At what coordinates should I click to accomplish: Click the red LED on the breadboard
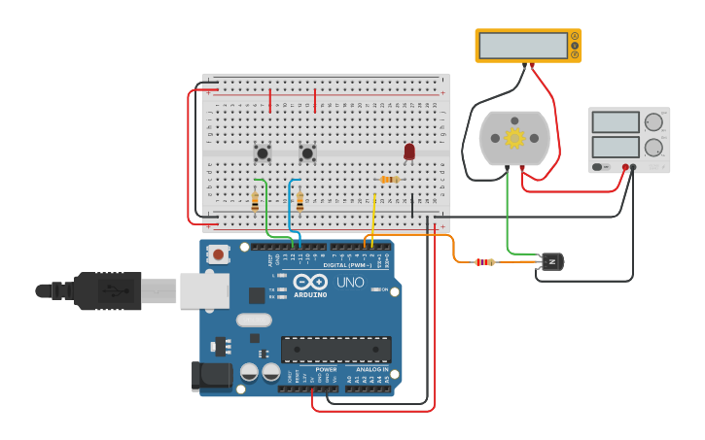point(409,151)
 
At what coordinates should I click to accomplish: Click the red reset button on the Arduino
point(219,254)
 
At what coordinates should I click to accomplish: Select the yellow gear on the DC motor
point(514,138)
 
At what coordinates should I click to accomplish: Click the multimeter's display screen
point(523,46)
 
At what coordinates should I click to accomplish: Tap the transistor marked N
point(550,261)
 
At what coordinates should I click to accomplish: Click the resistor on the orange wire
point(483,261)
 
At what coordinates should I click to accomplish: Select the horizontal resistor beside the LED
point(389,179)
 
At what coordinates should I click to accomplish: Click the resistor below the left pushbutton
point(255,201)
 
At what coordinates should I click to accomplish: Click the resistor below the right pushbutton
point(300,201)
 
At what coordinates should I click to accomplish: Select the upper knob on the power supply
point(653,122)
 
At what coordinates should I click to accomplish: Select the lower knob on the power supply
point(653,148)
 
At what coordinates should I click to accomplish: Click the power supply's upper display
point(614,122)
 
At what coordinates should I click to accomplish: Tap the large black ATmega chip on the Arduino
point(336,350)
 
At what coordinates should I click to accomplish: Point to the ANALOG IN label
point(371,369)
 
